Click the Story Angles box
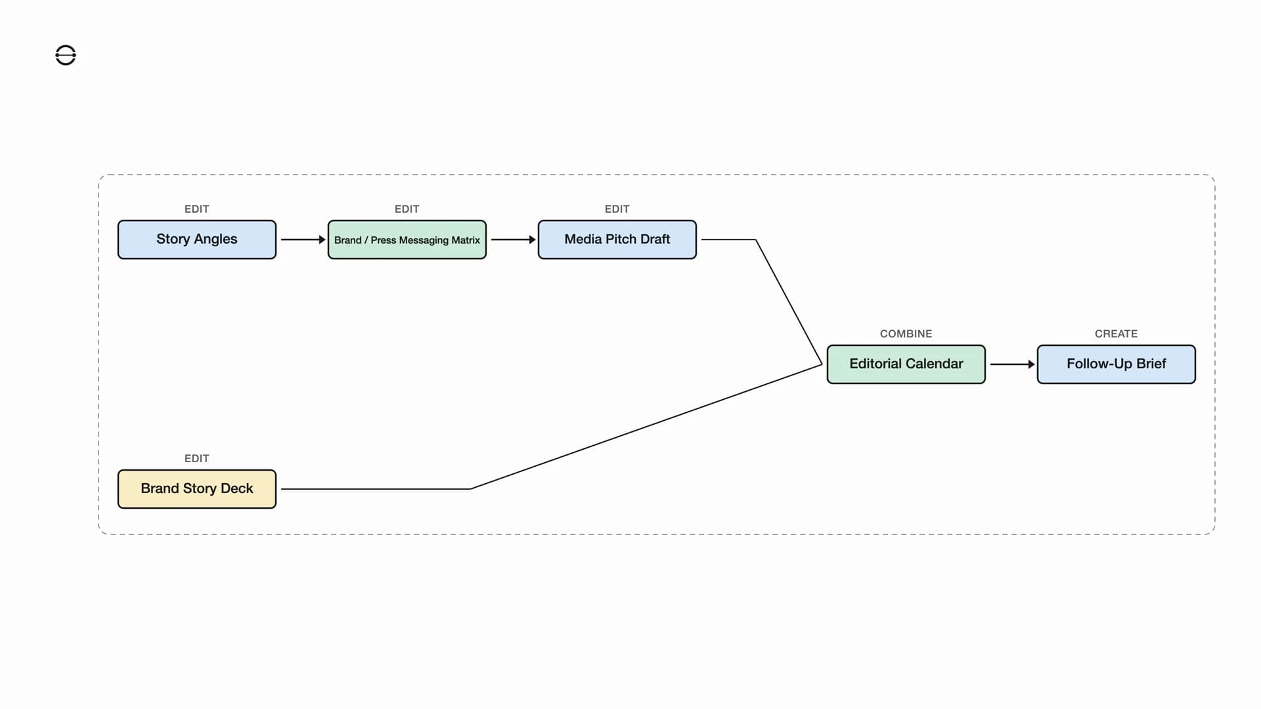[197, 240]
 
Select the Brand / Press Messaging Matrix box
[407, 240]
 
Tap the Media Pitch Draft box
[617, 240]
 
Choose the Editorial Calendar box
[906, 364]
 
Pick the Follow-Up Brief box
[1117, 364]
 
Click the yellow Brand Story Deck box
[197, 489]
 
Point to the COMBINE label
[906, 333]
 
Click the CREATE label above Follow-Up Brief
[1117, 333]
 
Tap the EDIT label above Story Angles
[197, 209]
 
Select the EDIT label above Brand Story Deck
[197, 458]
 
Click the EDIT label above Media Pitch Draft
[617, 209]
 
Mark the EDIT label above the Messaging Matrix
[407, 209]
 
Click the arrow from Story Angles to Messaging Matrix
[303, 240]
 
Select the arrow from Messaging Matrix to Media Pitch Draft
[513, 240]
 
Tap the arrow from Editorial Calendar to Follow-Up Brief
[1012, 364]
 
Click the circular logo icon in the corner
[66, 55]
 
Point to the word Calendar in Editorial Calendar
[935, 364]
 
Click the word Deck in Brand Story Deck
[237, 488]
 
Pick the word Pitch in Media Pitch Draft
[621, 239]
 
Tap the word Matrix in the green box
[466, 240]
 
